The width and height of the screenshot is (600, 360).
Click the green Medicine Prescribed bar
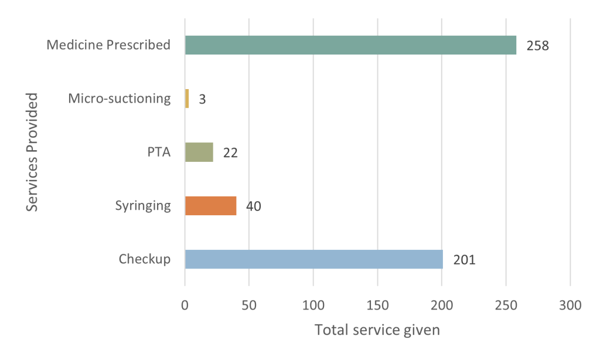pyautogui.click(x=350, y=45)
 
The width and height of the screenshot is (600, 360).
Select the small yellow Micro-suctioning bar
pyautogui.click(x=187, y=99)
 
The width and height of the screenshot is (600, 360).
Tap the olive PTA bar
pyautogui.click(x=199, y=152)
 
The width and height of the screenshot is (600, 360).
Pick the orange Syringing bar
pyautogui.click(x=211, y=206)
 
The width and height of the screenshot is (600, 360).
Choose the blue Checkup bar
pyautogui.click(x=314, y=259)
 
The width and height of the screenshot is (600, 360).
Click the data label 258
pyautogui.click(x=538, y=46)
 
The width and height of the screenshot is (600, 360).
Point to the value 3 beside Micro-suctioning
pyautogui.click(x=202, y=99)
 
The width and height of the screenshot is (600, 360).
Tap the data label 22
pyautogui.click(x=230, y=153)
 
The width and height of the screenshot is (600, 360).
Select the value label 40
pyautogui.click(x=253, y=206)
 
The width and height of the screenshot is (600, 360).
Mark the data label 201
pyautogui.click(x=465, y=260)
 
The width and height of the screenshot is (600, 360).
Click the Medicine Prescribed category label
pyautogui.click(x=108, y=45)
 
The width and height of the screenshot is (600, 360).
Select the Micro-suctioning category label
pyautogui.click(x=120, y=99)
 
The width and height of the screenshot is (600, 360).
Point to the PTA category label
pyautogui.click(x=159, y=152)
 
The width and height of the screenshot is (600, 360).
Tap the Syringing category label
pyautogui.click(x=143, y=206)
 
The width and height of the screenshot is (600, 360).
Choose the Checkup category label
pyautogui.click(x=145, y=259)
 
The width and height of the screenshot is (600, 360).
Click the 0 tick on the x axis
pyautogui.click(x=185, y=305)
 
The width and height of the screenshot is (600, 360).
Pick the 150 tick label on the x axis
pyautogui.click(x=377, y=305)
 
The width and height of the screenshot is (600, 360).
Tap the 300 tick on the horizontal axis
pyautogui.click(x=570, y=305)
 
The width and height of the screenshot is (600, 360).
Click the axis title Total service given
pyautogui.click(x=377, y=330)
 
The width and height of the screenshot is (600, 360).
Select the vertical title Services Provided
pyautogui.click(x=32, y=152)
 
